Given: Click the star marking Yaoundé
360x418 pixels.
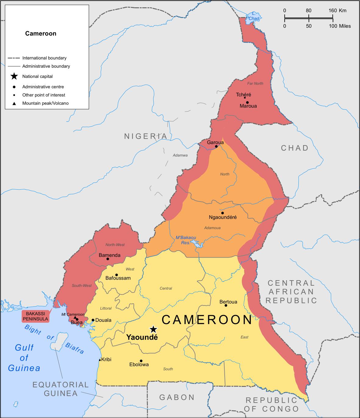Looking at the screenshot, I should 153,329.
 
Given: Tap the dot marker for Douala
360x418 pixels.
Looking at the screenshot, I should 93,320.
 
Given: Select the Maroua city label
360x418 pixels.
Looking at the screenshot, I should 248,106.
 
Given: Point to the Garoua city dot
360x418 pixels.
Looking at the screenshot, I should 216,146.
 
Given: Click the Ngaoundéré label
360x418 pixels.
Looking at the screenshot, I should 223,217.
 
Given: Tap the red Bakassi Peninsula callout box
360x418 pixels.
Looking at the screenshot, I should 35,316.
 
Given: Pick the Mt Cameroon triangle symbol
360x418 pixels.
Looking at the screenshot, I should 75,318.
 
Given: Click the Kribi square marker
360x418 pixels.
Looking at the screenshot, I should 100,360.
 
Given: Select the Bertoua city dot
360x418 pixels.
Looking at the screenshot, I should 226,305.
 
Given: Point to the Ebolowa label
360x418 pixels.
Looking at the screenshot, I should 139,364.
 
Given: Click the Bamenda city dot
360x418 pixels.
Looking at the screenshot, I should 108,259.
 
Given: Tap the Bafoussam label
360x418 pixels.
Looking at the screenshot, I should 118,278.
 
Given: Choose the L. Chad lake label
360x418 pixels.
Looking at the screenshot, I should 254,16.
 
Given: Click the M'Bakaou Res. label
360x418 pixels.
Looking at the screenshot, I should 186,240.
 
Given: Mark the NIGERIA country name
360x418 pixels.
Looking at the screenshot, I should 146,136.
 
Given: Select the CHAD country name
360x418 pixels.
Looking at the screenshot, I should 295,148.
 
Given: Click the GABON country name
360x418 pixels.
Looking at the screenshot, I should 177,397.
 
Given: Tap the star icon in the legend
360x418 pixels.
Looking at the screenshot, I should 14,77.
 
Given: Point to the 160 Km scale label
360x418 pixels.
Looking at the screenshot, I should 337,10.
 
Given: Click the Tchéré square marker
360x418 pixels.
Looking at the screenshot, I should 245,98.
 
